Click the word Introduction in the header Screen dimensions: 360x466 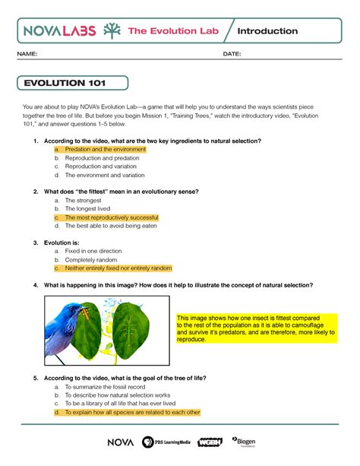[x=267, y=31]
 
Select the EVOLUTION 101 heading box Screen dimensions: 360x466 [x=73, y=83]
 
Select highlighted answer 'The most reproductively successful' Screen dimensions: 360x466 [x=111, y=217]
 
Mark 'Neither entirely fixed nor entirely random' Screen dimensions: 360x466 [x=118, y=268]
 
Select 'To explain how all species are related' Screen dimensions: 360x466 [x=131, y=412]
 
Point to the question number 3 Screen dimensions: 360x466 [x=36, y=243]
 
